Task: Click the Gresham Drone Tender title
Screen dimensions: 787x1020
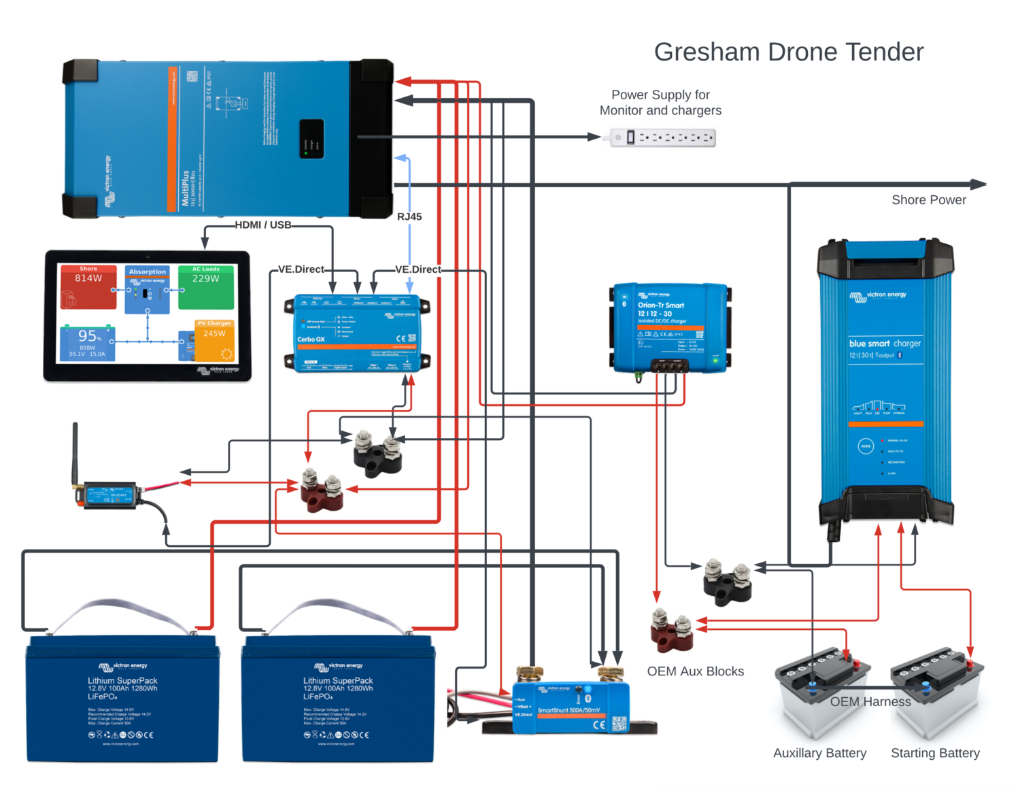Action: click(788, 52)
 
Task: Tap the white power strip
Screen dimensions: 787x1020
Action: click(662, 137)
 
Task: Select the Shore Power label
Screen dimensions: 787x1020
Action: click(928, 200)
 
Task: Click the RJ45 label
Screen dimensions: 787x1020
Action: click(409, 216)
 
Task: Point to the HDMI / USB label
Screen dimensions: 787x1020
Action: click(263, 225)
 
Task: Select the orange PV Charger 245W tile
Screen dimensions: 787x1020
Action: click(215, 340)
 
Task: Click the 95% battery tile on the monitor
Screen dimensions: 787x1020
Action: click(88, 343)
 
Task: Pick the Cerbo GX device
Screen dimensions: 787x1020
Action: click(356, 333)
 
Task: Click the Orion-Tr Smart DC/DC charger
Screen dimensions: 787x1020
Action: click(670, 328)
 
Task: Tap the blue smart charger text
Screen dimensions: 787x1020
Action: click(885, 344)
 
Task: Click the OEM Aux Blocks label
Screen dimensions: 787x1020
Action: click(695, 671)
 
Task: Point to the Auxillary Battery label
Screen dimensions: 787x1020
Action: click(819, 753)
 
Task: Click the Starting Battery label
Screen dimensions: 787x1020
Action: click(935, 753)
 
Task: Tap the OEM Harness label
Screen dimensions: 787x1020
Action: click(870, 701)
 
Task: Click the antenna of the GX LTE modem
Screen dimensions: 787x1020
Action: click(75, 452)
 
